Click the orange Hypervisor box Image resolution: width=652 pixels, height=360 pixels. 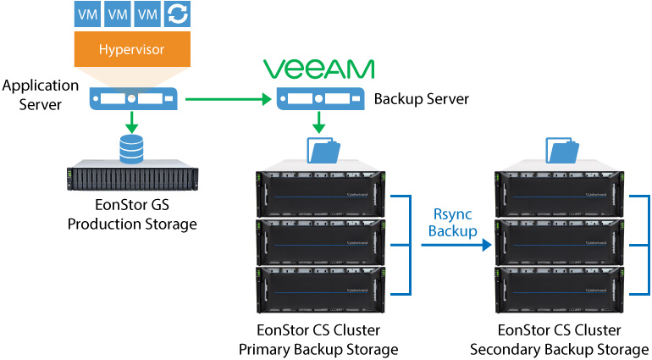pos(131,50)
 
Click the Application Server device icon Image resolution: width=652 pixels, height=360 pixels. pos(131,100)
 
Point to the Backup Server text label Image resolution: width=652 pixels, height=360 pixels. pos(421,100)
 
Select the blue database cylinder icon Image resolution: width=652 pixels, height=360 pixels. pos(131,151)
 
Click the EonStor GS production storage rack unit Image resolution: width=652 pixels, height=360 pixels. pos(131,179)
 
